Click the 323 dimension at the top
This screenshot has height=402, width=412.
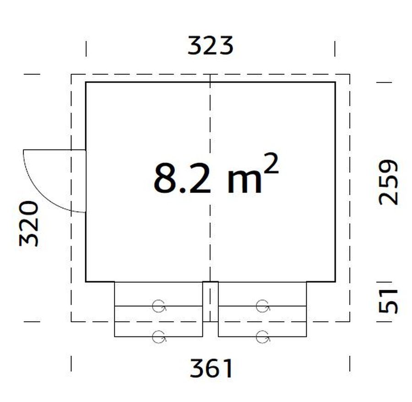(x=211, y=46)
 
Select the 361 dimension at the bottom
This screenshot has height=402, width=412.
(x=211, y=368)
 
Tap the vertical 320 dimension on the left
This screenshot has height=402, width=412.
(x=29, y=223)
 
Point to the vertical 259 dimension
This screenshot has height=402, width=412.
(x=389, y=182)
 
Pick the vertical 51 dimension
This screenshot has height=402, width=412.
(x=389, y=301)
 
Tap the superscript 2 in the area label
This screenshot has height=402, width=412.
(x=271, y=164)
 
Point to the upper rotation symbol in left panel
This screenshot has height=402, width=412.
(x=158, y=306)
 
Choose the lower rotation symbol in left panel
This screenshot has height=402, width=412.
(x=158, y=336)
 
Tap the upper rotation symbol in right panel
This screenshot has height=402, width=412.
(x=262, y=306)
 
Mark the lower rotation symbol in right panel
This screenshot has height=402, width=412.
(x=262, y=336)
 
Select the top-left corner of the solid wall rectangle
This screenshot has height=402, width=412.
(x=86, y=83)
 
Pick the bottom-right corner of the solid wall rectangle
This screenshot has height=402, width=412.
(x=335, y=281)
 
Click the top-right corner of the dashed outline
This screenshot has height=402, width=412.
(x=349, y=74)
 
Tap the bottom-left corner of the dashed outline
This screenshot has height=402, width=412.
(x=71, y=321)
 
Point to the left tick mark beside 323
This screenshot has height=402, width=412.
(x=86, y=49)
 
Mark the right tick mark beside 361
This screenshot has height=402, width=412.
(x=350, y=363)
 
